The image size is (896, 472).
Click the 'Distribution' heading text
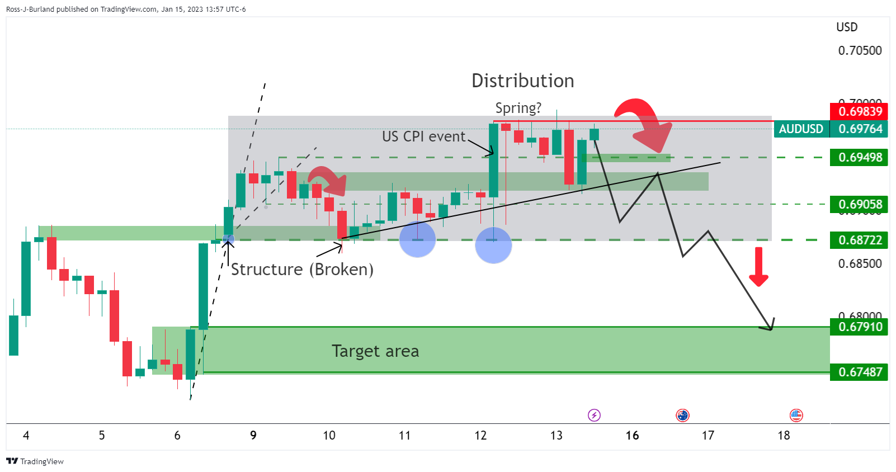tap(522, 81)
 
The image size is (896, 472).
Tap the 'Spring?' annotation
tap(518, 108)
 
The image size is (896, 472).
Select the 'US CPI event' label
tap(423, 136)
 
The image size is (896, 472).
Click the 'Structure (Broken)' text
tap(302, 270)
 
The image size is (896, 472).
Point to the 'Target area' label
tap(375, 351)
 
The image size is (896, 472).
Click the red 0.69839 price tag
tap(860, 111)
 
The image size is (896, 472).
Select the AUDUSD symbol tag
tap(800, 129)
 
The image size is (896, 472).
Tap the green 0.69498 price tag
tap(860, 158)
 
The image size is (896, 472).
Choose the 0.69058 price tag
tap(860, 205)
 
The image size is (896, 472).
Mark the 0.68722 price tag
tap(860, 240)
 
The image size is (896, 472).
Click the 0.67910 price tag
tap(860, 327)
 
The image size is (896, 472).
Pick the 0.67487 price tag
tap(860, 372)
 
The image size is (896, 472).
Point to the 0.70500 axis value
tap(860, 51)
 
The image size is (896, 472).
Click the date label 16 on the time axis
tap(632, 436)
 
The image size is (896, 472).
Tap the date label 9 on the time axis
tap(253, 436)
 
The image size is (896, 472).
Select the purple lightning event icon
tap(594, 415)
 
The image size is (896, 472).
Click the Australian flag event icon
tap(682, 415)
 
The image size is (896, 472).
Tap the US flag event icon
tap(796, 415)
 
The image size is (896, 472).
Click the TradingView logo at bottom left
tap(35, 461)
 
